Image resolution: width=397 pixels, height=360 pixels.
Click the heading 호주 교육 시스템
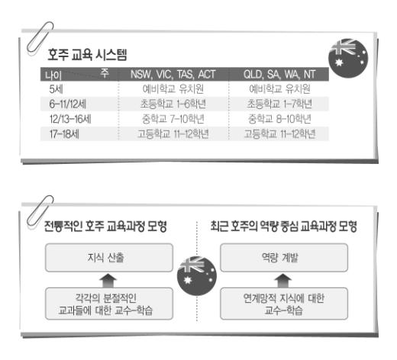tap(87, 55)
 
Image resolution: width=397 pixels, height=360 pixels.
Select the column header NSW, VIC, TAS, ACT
tap(173, 75)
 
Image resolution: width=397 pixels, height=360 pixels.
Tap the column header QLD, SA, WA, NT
tap(279, 75)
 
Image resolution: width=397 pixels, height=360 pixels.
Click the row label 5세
tap(56, 89)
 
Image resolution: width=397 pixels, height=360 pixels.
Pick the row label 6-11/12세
tap(68, 104)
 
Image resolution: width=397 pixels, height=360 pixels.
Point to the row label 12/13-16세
tap(70, 119)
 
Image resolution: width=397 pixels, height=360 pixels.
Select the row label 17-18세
tap(64, 134)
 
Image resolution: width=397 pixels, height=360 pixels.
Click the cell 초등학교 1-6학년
tap(173, 104)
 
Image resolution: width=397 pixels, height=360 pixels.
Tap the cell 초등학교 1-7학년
tap(279, 104)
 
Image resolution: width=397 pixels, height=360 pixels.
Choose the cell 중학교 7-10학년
tap(173, 119)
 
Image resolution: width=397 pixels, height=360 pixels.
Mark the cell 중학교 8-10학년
tap(279, 119)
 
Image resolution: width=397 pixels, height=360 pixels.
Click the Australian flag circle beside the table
tap(348, 58)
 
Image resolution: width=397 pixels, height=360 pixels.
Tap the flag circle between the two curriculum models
tap(197, 276)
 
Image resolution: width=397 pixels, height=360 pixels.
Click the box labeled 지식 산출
tap(109, 258)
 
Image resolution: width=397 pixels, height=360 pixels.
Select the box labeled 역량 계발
tap(284, 258)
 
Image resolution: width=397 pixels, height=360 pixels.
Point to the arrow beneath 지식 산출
tap(108, 281)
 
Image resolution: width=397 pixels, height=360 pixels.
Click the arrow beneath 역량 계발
tap(283, 281)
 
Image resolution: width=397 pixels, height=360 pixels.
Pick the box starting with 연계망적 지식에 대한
tap(284, 304)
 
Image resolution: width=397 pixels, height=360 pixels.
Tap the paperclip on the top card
tap(40, 37)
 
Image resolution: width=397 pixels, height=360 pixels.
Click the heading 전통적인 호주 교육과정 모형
tap(105, 226)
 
